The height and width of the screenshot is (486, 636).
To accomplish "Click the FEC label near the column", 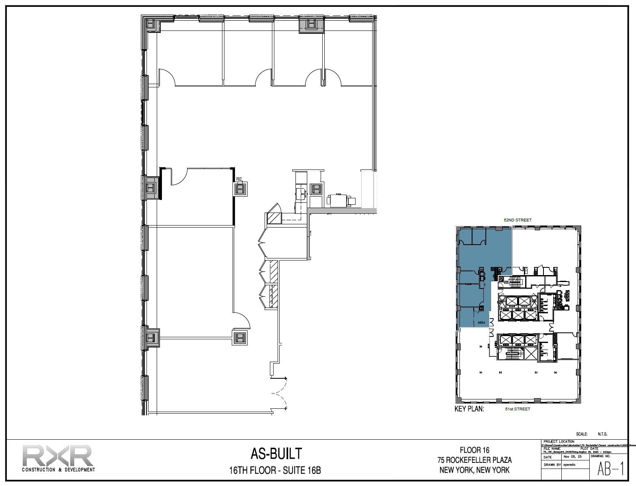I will point(239,179).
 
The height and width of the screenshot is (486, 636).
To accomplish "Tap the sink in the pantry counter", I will point(300,192).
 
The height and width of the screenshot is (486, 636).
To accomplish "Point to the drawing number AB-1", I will point(610,469).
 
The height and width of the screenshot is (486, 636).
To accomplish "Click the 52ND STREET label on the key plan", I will point(517,220).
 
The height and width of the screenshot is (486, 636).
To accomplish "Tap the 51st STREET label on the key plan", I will point(517,409).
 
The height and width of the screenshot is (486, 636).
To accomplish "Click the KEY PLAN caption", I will point(469,409).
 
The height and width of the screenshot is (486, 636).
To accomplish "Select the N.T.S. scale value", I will point(602,434).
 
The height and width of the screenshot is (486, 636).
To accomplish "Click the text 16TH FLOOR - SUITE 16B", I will point(275,471).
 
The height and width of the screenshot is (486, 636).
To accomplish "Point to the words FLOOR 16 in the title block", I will point(474,450).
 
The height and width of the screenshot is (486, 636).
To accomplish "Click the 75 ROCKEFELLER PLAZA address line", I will point(474,460).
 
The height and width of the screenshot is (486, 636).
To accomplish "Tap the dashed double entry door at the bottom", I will point(280,393).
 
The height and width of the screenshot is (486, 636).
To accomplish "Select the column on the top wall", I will point(311,25).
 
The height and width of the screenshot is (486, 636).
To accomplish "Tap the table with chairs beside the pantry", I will point(338,200).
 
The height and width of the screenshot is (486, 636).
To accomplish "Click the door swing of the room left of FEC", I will point(179,176).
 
